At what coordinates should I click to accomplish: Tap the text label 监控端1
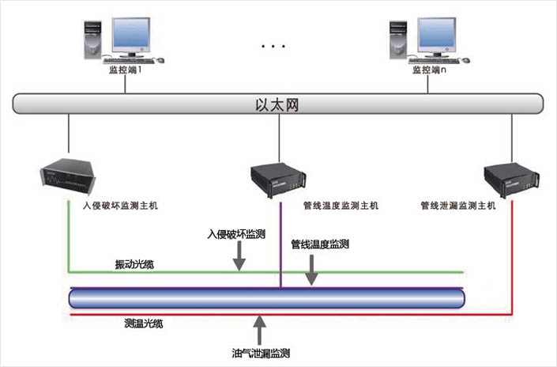click(126, 70)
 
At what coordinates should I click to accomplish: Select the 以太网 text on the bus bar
click(278, 104)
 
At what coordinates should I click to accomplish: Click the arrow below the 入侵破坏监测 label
click(240, 258)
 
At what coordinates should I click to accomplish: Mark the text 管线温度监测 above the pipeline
click(320, 244)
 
